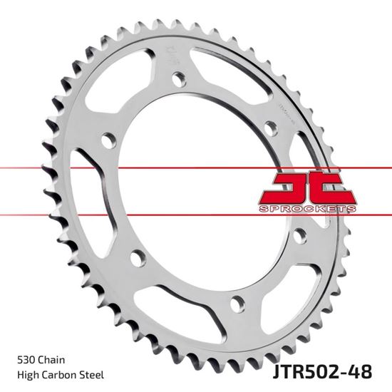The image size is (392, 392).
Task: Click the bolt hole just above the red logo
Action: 269,128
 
